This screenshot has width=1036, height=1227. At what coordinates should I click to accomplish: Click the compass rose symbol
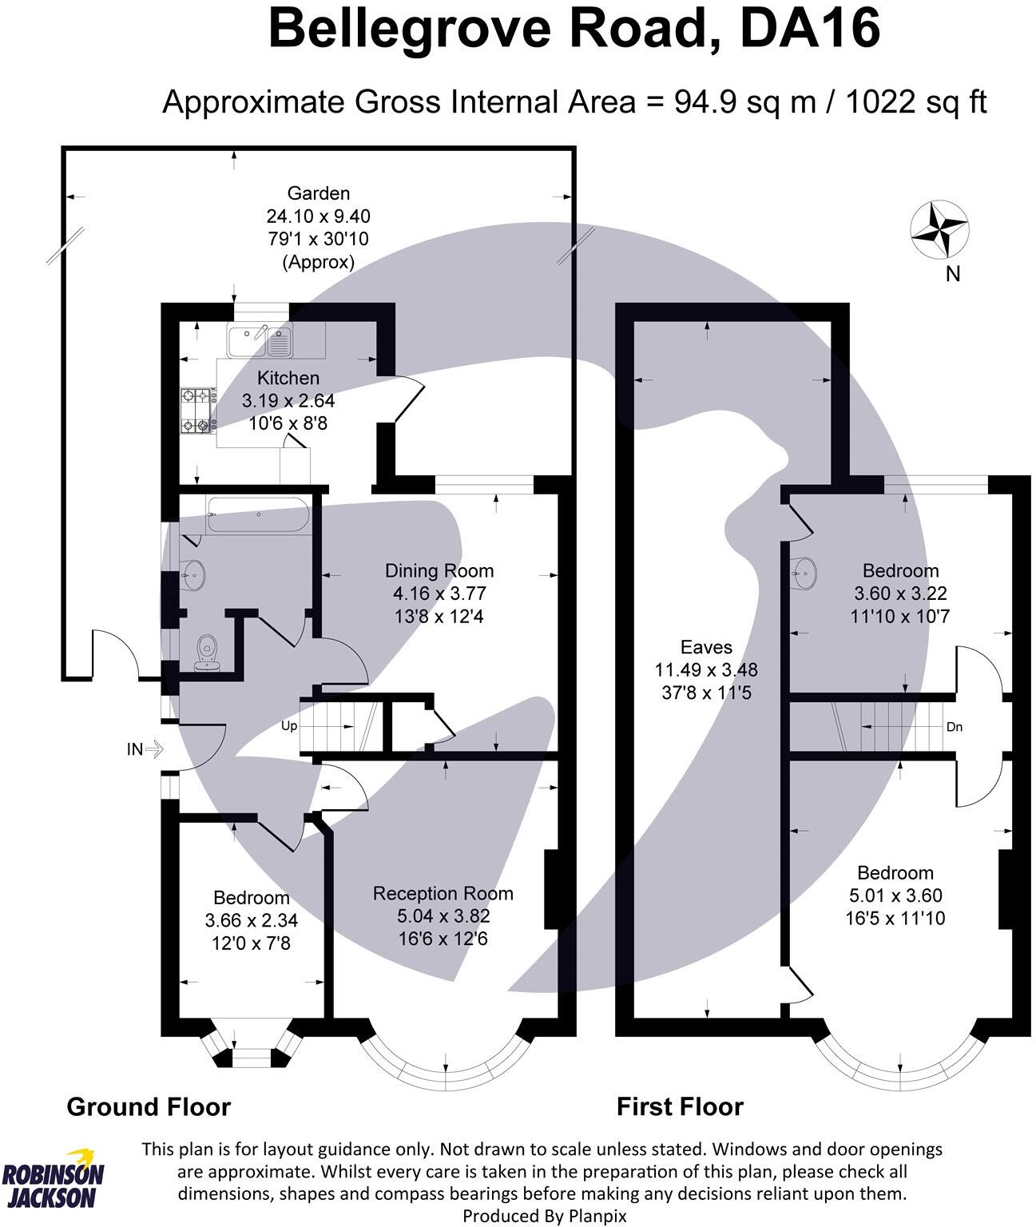(939, 230)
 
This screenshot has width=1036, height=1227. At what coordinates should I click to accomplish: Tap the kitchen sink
(260, 341)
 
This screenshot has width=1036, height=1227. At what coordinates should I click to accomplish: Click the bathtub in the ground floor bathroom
(258, 515)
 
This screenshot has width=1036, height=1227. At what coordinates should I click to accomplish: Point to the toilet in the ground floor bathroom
(207, 650)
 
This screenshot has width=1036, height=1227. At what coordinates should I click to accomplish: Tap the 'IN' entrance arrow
(145, 749)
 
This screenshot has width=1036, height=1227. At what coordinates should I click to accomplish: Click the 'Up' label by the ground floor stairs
(288, 726)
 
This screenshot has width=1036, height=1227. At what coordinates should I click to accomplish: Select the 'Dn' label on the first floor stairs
(954, 727)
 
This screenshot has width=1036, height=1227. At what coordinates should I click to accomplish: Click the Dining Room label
(439, 570)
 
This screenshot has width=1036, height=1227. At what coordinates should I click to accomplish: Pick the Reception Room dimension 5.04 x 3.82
(443, 915)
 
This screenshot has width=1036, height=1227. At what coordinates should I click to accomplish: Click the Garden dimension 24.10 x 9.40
(318, 216)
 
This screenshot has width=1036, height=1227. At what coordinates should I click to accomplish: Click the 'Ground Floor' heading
(149, 1106)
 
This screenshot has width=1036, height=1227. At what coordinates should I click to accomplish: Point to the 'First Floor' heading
(680, 1106)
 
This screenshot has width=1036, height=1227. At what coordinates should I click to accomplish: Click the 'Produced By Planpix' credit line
(546, 1216)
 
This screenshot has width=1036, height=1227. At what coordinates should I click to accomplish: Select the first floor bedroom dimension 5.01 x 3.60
(895, 895)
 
